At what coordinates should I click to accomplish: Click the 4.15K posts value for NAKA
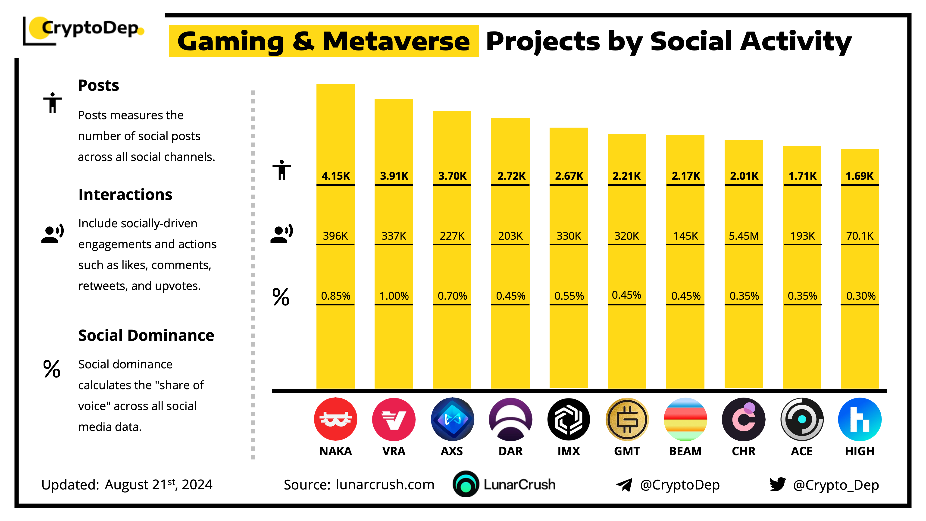coord(335,176)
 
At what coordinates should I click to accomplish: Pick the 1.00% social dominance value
coord(394,296)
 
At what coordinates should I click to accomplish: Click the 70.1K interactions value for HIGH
coord(860,236)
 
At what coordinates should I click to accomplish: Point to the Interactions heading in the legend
coord(125,195)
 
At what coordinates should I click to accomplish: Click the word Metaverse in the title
coord(396,41)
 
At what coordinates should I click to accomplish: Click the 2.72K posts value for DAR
coord(511,176)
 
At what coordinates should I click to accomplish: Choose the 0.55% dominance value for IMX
coord(569,296)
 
